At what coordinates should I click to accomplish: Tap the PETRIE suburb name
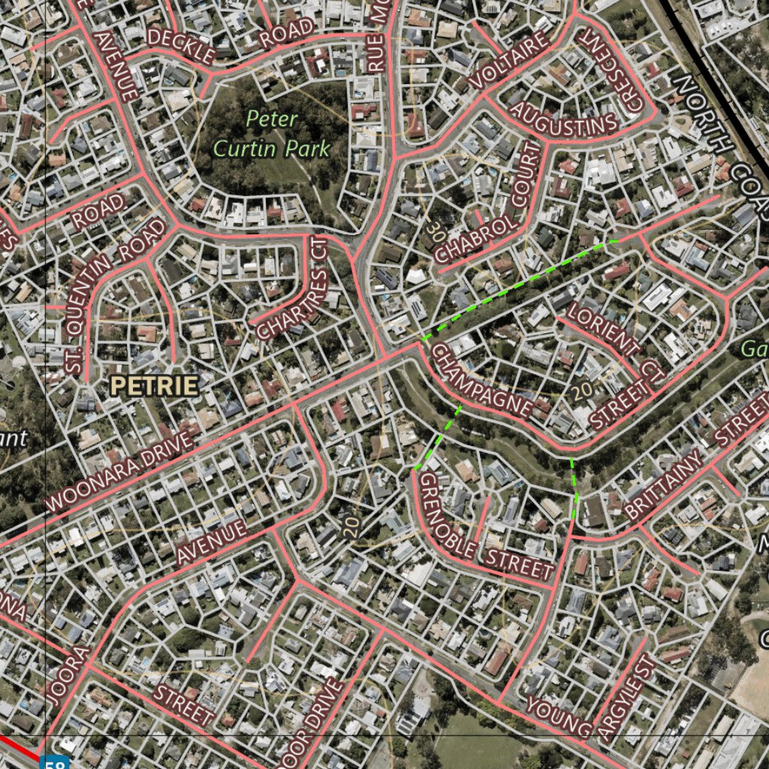[154, 386]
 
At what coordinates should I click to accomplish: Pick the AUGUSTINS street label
[564, 119]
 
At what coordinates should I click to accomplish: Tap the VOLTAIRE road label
[509, 60]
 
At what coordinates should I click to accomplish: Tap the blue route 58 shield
[54, 762]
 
